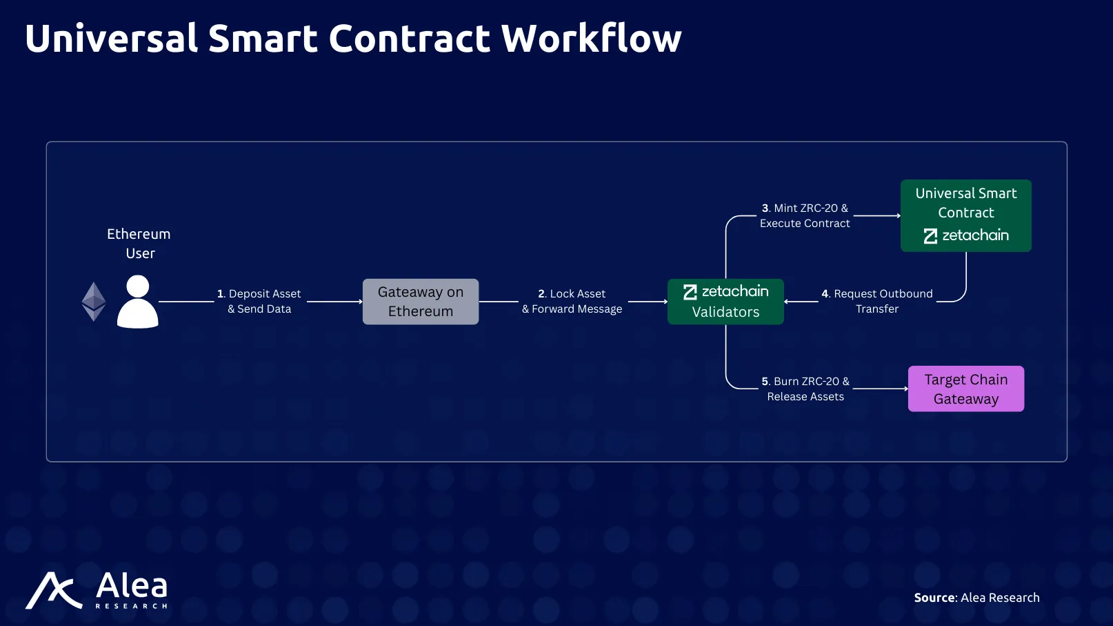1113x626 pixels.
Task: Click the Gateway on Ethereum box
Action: coord(421,302)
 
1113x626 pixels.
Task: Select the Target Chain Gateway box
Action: coord(966,389)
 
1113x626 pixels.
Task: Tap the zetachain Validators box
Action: coord(725,302)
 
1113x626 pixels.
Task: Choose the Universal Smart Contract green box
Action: coord(966,215)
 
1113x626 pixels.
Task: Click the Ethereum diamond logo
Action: coord(93,302)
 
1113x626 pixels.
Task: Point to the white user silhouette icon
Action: coord(138,302)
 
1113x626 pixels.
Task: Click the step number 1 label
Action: coord(221,293)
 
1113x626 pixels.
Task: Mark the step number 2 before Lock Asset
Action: coord(541,293)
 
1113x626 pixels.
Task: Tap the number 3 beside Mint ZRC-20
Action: coord(765,208)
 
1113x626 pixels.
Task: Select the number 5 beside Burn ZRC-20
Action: coord(765,382)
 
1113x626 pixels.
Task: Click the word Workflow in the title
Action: coord(591,38)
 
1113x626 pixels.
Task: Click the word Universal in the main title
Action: coord(111,38)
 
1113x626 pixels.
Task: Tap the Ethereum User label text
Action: coord(139,243)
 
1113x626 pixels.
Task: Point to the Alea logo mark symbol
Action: coord(54,590)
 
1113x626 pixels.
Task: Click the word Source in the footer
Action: coord(934,597)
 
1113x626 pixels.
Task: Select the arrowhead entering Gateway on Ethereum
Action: coord(360,302)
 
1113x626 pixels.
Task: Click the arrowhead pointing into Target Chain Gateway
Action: coord(906,389)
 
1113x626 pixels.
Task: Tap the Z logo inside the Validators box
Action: coord(690,292)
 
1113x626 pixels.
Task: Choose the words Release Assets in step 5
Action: coord(805,396)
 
